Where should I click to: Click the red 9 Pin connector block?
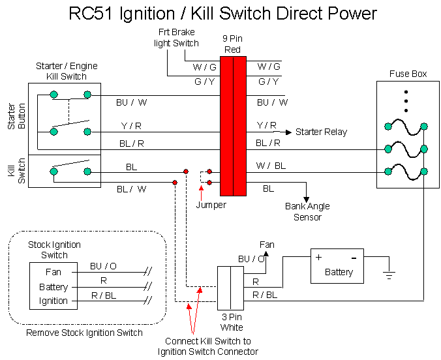tap(233, 126)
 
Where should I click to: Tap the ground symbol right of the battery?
tap(389, 276)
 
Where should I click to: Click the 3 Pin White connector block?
tap(230, 288)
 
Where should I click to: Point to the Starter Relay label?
tap(321, 132)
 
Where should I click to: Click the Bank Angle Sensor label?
tap(307, 211)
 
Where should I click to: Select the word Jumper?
tap(211, 205)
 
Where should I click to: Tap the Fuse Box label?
tap(408, 74)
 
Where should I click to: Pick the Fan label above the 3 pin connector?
tap(267, 245)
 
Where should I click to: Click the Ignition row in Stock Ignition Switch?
tap(53, 301)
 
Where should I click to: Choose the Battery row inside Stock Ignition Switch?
tap(53, 287)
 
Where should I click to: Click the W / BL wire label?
tap(271, 166)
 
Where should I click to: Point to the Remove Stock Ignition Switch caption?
tap(84, 333)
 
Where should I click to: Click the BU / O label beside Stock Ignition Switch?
tap(103, 266)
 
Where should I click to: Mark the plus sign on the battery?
tap(319, 257)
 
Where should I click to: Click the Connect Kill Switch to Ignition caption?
tap(207, 346)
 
